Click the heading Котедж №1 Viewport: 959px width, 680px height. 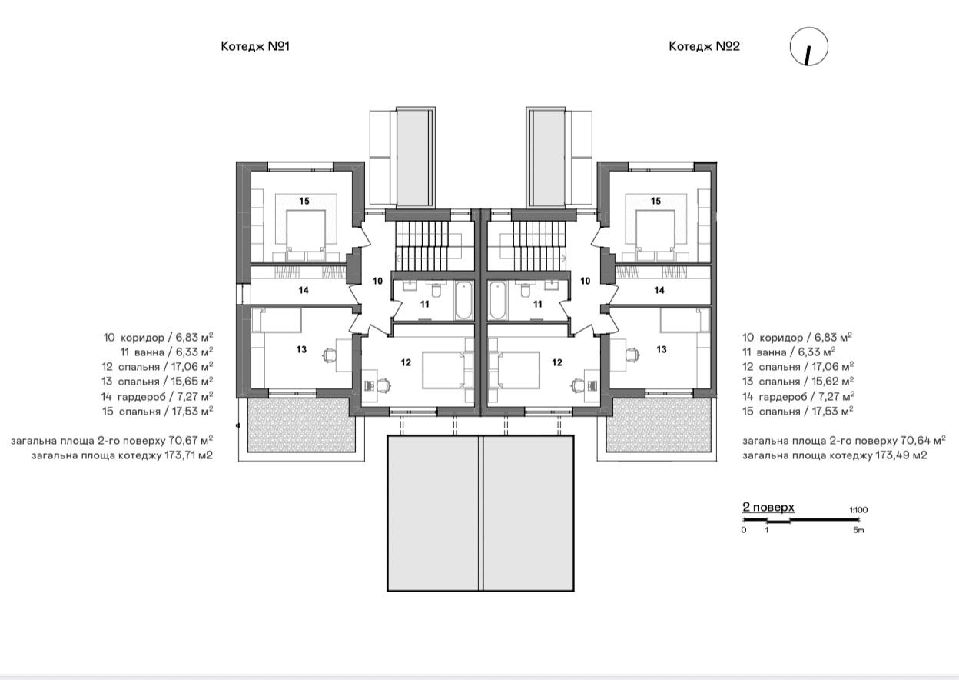pos(255,46)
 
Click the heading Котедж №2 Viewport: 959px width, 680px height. pos(704,46)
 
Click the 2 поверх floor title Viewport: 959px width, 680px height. pos(768,508)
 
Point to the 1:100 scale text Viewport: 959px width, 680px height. pos(858,510)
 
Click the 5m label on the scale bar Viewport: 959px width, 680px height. pos(858,530)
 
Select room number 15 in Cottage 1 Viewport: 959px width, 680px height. pos(304,201)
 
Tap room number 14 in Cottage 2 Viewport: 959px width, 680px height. pos(659,290)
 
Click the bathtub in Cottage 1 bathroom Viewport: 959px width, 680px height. pos(463,300)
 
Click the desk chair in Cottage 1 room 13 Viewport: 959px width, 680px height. pos(328,355)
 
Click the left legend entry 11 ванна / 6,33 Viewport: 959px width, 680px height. pos(167,352)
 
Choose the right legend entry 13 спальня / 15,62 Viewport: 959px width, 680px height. pos(798,381)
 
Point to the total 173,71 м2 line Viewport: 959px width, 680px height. pos(122,455)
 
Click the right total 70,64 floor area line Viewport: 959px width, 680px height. pos(844,441)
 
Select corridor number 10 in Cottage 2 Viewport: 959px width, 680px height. pos(586,281)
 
